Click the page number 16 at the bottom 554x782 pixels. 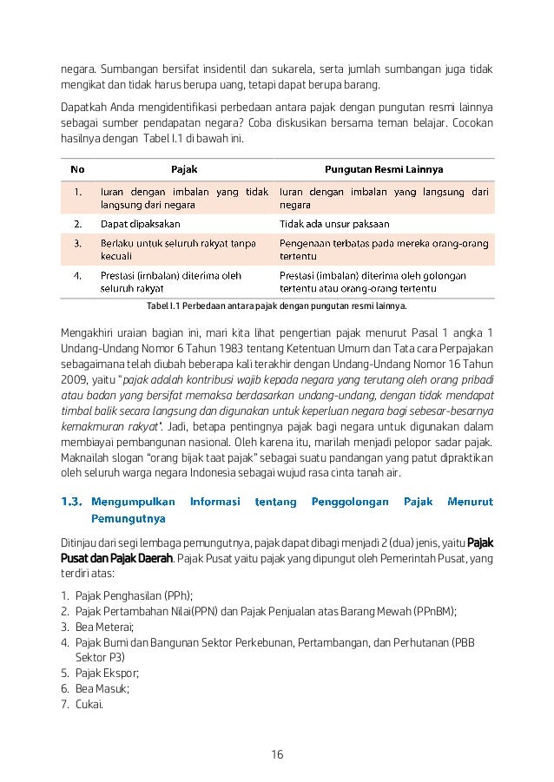277,753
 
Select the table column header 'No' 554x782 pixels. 77,171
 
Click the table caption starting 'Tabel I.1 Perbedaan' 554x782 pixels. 277,306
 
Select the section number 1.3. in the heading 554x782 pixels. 76,502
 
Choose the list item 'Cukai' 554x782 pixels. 89,704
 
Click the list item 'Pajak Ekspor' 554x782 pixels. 107,673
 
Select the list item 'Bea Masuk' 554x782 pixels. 102,688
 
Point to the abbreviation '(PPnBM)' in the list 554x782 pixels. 434,610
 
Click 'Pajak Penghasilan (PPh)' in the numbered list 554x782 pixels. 134,595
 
